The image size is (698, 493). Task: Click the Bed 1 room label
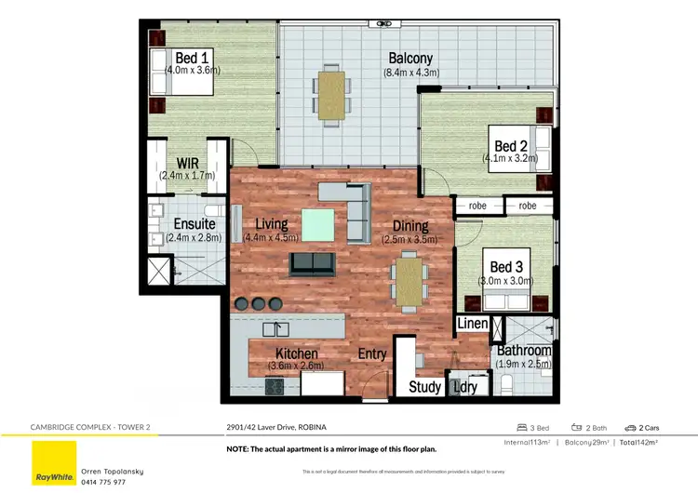click(x=192, y=56)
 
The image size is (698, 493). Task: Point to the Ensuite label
click(x=195, y=224)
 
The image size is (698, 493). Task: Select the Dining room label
click(x=409, y=226)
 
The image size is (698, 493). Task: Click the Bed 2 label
click(x=511, y=146)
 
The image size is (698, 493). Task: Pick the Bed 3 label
click(x=507, y=267)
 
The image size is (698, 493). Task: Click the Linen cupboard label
click(x=472, y=323)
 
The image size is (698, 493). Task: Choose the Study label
click(x=425, y=387)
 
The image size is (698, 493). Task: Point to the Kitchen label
click(x=297, y=353)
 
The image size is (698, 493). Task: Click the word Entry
click(x=373, y=353)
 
